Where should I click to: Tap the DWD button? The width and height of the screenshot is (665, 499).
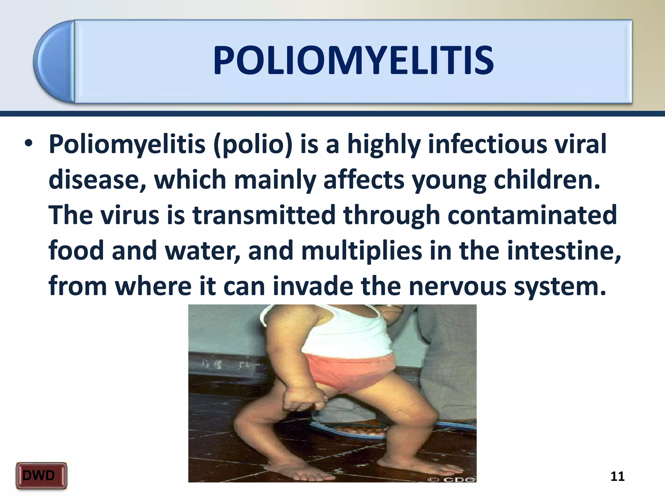tap(41, 476)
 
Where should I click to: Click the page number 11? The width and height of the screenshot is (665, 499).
tap(617, 476)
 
